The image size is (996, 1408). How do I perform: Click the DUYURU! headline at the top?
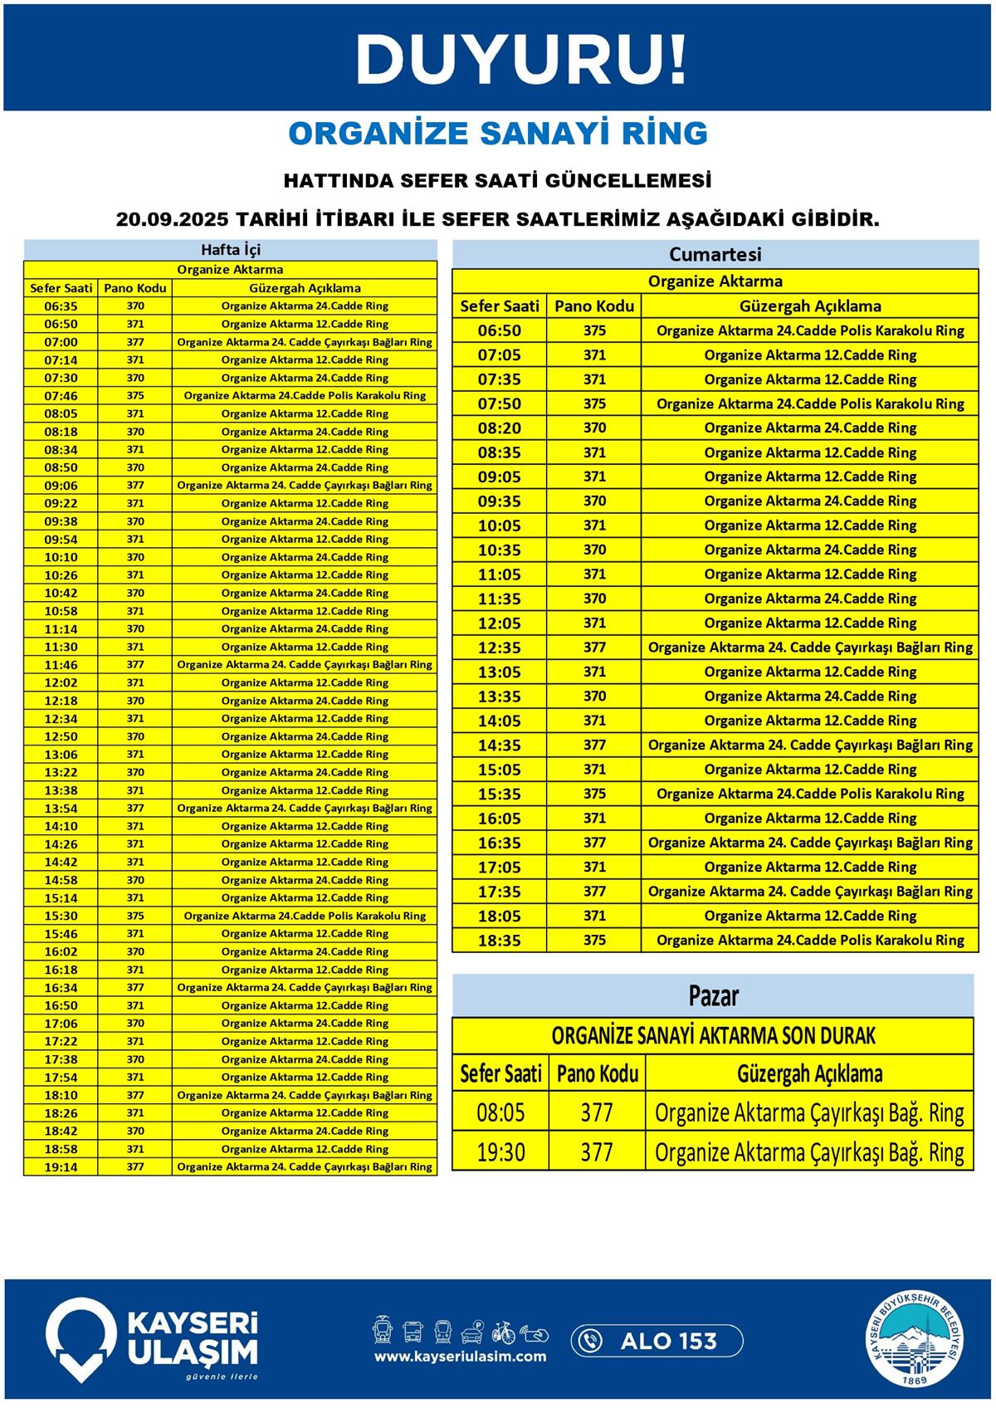click(x=521, y=60)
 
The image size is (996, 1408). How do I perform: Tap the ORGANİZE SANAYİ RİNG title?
click(x=498, y=134)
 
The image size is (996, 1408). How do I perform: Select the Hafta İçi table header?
click(x=231, y=250)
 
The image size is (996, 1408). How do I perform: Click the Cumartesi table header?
click(x=715, y=254)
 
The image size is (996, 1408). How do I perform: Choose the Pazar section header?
click(x=713, y=995)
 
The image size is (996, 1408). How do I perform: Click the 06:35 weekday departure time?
click(x=61, y=306)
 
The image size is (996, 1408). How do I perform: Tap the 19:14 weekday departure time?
click(x=61, y=1167)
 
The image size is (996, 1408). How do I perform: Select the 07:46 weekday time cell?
click(x=61, y=396)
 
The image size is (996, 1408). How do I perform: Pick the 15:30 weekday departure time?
click(x=61, y=916)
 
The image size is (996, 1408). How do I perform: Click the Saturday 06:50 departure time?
click(x=500, y=330)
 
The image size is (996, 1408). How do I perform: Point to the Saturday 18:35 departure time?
click(x=500, y=941)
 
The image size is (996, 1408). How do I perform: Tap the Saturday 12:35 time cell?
click(x=500, y=648)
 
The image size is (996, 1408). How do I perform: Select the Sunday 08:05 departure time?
click(x=500, y=1112)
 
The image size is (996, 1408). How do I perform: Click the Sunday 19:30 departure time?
click(x=500, y=1152)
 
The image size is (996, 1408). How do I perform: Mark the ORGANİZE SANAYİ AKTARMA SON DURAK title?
click(x=713, y=1036)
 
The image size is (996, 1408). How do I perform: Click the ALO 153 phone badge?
click(x=657, y=1341)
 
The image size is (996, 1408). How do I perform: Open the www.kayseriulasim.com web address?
click(x=460, y=1357)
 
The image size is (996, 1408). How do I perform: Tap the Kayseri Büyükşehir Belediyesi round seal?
click(x=916, y=1340)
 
